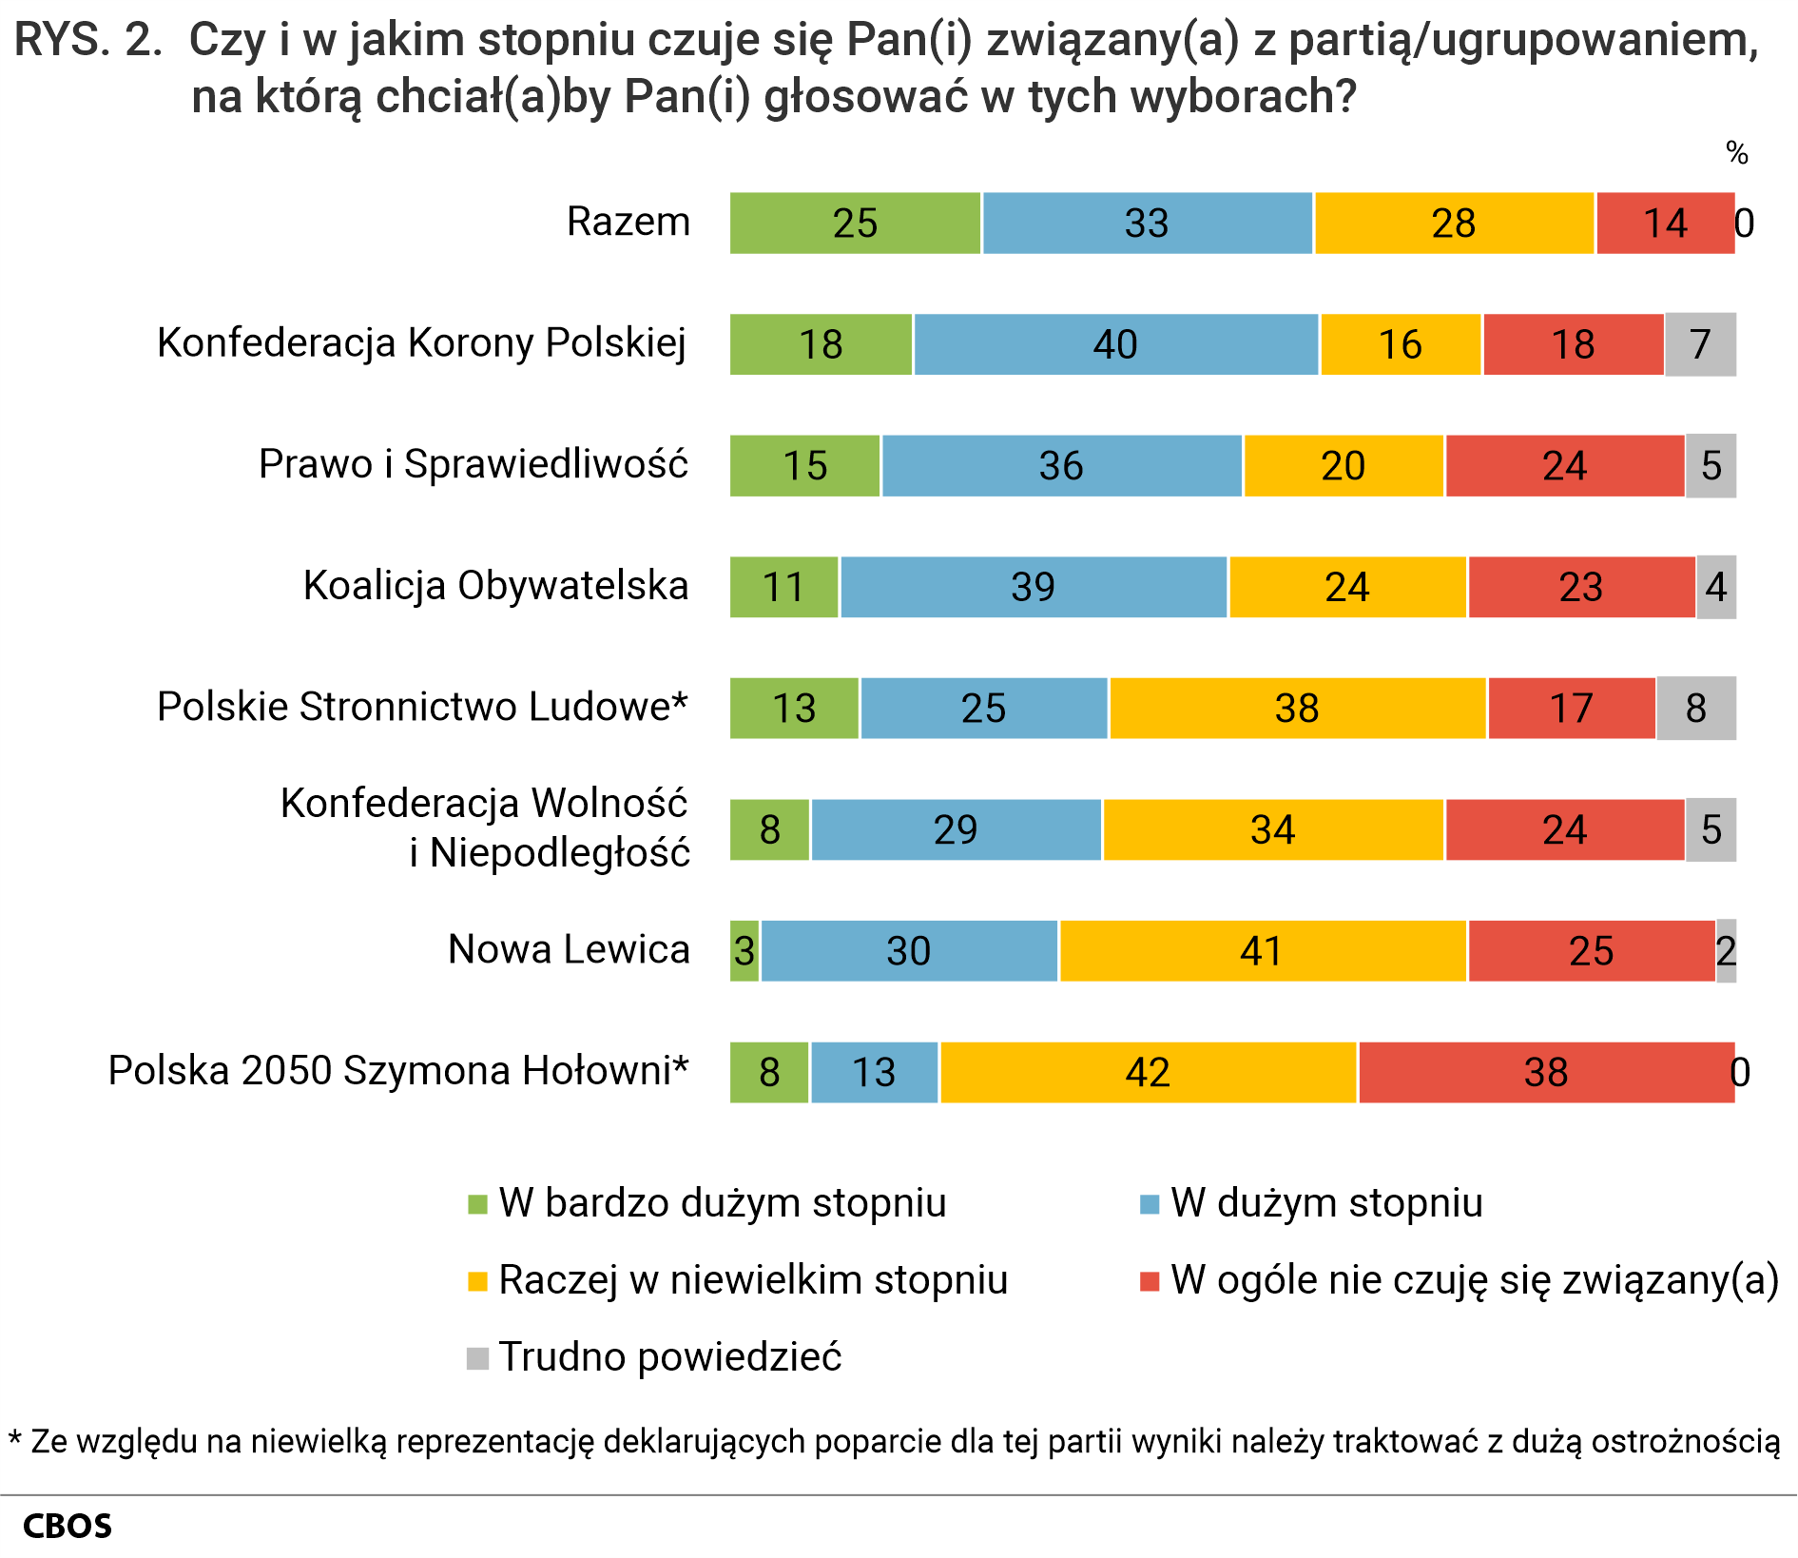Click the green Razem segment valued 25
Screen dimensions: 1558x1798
pyautogui.click(x=855, y=224)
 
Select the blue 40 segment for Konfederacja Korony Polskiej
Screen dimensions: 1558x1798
pyautogui.click(x=1115, y=344)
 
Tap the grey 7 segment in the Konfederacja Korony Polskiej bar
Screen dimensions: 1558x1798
pyautogui.click(x=1700, y=344)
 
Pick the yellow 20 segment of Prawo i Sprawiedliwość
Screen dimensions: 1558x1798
pyautogui.click(x=1343, y=466)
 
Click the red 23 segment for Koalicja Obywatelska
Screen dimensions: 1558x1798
pyautogui.click(x=1580, y=587)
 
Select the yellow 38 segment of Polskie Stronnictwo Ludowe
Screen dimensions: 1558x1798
pyautogui.click(x=1297, y=709)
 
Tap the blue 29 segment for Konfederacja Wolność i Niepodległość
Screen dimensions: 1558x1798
pyautogui.click(x=956, y=829)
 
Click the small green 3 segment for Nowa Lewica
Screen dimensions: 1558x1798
pyautogui.click(x=744, y=951)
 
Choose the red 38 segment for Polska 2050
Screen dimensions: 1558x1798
pyautogui.click(x=1546, y=1073)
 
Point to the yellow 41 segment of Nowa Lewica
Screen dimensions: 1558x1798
pyautogui.click(x=1262, y=951)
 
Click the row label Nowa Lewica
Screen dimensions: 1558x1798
pyautogui.click(x=569, y=949)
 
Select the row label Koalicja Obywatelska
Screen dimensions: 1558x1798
pyautogui.click(x=495, y=585)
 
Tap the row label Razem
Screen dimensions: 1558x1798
pyautogui.click(x=628, y=222)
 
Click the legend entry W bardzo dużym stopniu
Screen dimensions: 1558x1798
pyautogui.click(x=722, y=1203)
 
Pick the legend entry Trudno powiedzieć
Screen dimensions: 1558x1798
pyautogui.click(x=669, y=1357)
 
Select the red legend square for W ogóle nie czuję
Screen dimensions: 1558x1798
pyautogui.click(x=1150, y=1281)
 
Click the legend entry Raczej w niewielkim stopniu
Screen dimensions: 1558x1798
pyautogui.click(x=752, y=1280)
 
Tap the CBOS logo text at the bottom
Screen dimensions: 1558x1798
pyautogui.click(x=67, y=1527)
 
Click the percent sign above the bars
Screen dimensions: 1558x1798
pyautogui.click(x=1736, y=153)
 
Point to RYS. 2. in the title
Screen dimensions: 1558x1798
pyautogui.click(x=87, y=41)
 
